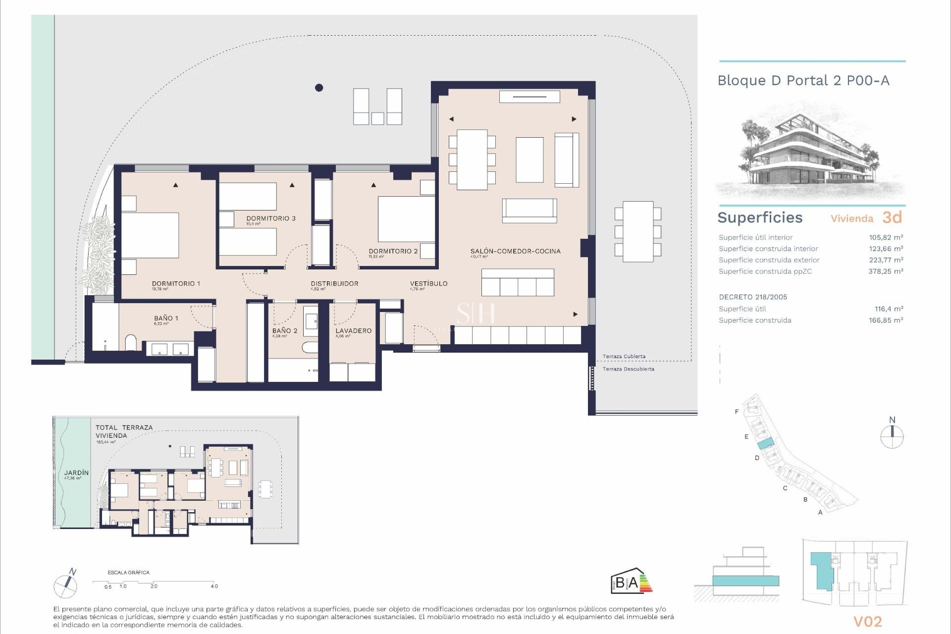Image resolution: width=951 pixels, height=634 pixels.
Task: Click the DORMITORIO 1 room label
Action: coord(176,284)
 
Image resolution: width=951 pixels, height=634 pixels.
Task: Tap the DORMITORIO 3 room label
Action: coord(270,218)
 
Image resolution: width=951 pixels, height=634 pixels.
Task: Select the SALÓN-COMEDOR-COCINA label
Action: coord(515,252)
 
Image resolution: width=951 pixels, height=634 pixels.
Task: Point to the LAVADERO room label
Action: coord(353,331)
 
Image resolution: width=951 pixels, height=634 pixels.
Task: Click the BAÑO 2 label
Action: coord(285,331)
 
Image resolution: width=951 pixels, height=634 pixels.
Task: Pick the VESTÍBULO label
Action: coord(428,284)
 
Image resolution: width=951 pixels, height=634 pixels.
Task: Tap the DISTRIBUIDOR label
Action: coord(334,284)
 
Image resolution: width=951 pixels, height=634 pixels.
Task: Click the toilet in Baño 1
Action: coord(131,342)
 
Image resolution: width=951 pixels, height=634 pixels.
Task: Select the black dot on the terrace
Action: coord(319,88)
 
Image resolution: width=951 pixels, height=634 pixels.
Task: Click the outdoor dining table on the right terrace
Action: coord(637,231)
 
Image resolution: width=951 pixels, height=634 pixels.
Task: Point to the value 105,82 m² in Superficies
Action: coord(886,238)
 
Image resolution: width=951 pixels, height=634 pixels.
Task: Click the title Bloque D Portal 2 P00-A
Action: coord(803,81)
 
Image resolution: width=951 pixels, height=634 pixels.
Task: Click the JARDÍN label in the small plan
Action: coord(76,473)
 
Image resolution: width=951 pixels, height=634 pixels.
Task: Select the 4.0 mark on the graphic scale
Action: coord(214,586)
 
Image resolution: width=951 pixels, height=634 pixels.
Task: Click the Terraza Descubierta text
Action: coord(628,369)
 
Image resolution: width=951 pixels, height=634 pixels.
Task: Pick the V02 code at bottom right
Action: coord(867,622)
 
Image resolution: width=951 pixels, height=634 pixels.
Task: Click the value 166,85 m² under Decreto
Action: coord(886,320)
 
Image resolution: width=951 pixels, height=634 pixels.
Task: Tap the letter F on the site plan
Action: coord(737,412)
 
